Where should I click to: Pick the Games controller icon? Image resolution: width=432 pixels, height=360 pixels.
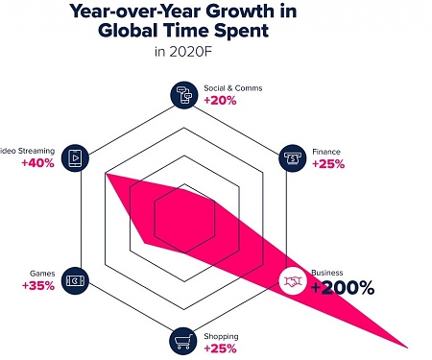(75, 281)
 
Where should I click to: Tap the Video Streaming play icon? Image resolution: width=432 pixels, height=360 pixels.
(75, 156)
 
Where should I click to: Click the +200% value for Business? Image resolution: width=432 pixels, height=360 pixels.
(343, 288)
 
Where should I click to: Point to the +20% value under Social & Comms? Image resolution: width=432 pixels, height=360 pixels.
(220, 101)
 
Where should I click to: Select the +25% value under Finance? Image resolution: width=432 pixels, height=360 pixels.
(328, 164)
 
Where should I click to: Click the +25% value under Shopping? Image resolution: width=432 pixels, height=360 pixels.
(220, 348)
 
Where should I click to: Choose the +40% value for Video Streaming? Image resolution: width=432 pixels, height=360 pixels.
(37, 163)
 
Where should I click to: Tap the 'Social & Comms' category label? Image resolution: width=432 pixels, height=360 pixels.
(231, 88)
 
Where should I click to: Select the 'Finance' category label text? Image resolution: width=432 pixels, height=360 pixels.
(326, 152)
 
